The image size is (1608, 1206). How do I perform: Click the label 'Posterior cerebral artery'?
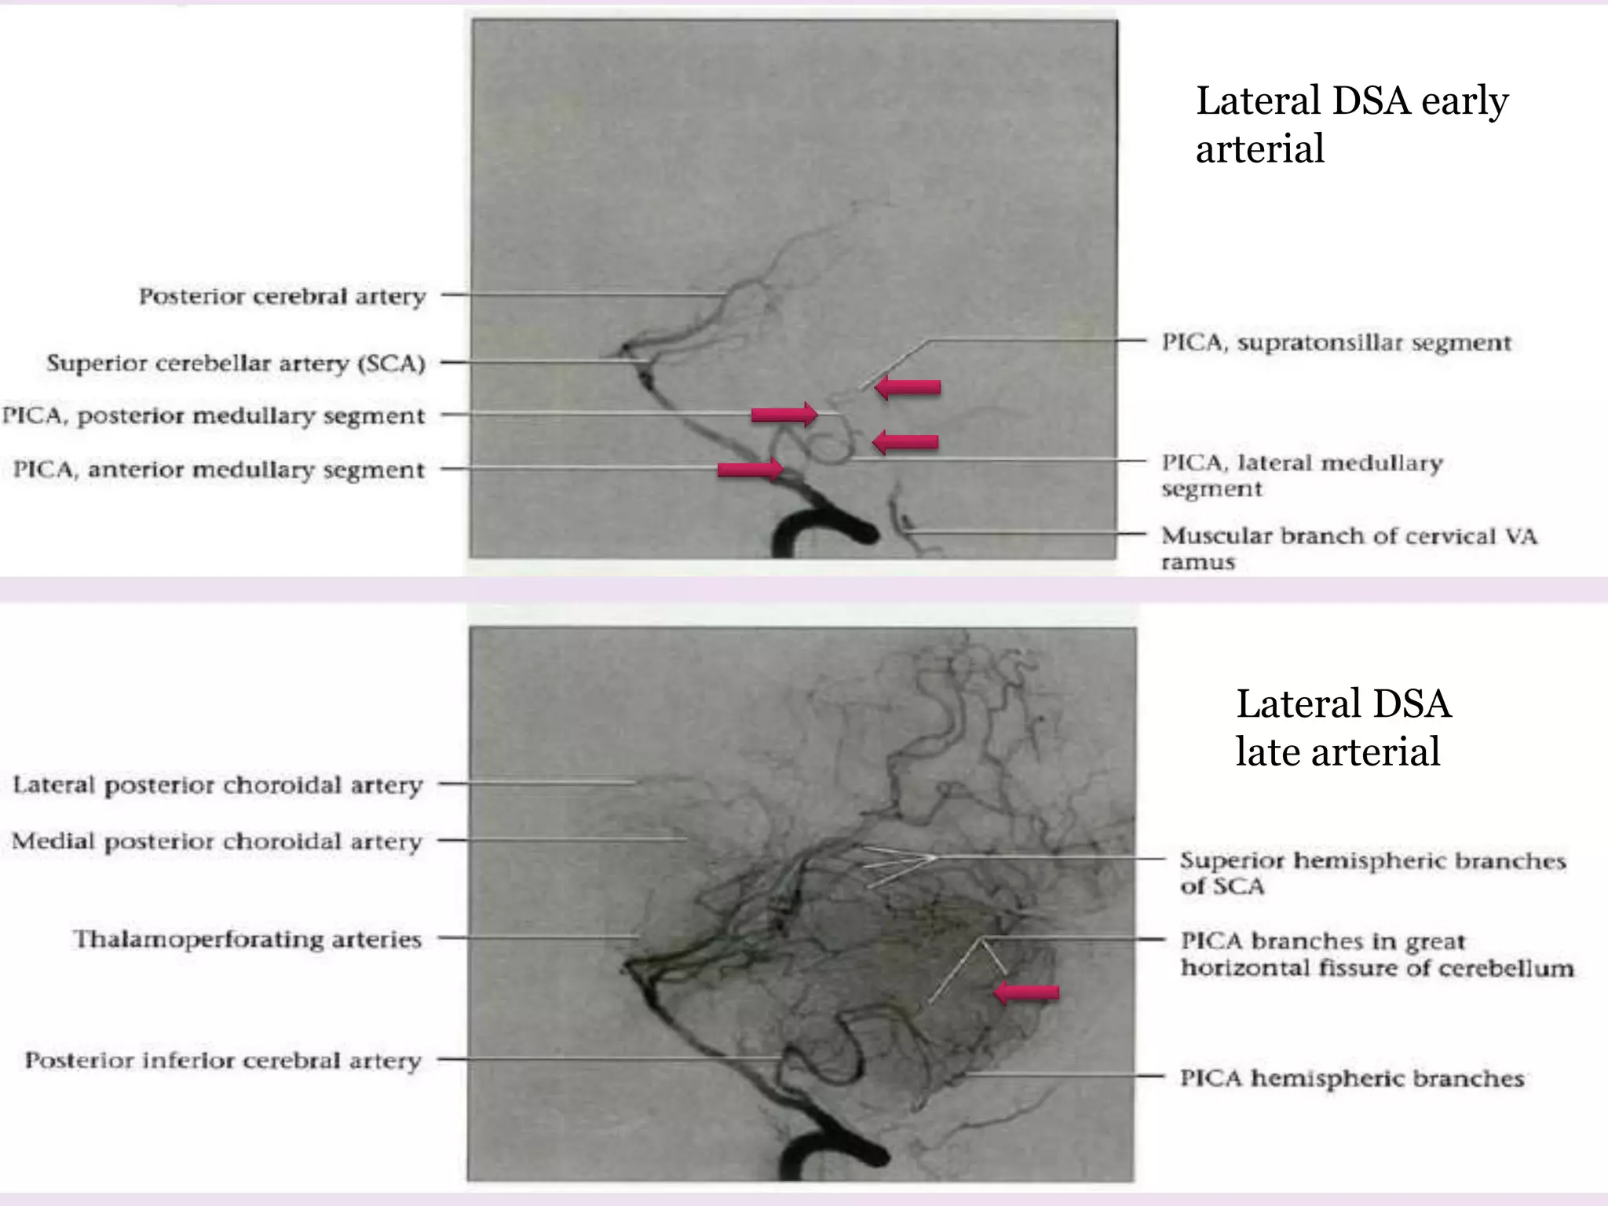(283, 297)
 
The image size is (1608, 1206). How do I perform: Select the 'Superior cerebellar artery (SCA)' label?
(236, 364)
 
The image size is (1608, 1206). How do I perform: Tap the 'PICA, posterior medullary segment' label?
(214, 416)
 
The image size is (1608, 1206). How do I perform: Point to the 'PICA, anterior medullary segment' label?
(219, 470)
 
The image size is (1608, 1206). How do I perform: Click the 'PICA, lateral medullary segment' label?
(1302, 475)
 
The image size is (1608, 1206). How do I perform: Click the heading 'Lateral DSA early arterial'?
(1351, 124)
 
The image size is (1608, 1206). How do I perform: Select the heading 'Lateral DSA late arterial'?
(1343, 727)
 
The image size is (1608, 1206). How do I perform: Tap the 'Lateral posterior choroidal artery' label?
(217, 785)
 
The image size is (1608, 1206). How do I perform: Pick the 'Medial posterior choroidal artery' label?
(217, 842)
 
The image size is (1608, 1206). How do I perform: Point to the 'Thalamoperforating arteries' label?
(247, 940)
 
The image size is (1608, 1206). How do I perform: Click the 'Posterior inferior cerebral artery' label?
(223, 1061)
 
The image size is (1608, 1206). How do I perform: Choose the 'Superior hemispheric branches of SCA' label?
(1372, 873)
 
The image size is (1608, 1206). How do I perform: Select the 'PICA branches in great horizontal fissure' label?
(1377, 954)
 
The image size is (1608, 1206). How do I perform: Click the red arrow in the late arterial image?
(1026, 992)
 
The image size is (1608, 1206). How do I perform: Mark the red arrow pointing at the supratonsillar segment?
(908, 387)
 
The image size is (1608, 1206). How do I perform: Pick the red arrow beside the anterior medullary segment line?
(751, 470)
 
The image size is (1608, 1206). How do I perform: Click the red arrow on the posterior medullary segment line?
(784, 414)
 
